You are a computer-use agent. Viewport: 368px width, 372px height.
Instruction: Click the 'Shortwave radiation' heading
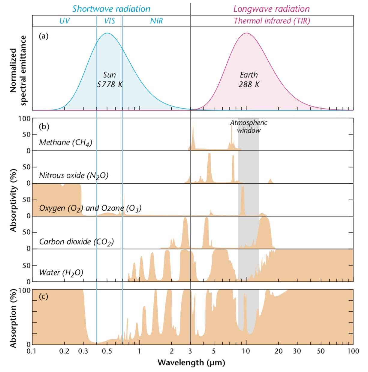click(111, 9)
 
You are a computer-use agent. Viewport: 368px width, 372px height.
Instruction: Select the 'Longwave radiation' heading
click(271, 9)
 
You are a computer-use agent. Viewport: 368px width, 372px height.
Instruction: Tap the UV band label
click(65, 21)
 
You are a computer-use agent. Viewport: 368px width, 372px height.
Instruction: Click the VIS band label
click(110, 21)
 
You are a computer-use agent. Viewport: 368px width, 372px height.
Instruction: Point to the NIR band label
click(156, 21)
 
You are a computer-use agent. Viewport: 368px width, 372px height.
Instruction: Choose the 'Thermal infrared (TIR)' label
click(272, 21)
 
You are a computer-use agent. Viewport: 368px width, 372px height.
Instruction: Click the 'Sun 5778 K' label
click(110, 80)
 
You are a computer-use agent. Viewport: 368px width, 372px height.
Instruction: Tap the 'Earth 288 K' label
click(249, 80)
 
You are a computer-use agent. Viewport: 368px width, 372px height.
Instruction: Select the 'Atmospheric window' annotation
click(249, 126)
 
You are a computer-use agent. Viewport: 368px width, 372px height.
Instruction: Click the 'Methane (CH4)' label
click(65, 142)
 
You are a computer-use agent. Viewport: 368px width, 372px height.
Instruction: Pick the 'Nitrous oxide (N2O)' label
click(74, 175)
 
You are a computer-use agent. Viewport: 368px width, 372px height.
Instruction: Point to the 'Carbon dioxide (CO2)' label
click(76, 242)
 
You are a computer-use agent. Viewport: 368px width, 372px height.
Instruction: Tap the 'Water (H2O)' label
click(61, 273)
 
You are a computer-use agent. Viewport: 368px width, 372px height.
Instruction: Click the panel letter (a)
click(44, 36)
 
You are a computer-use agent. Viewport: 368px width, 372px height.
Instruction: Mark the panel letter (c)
click(44, 296)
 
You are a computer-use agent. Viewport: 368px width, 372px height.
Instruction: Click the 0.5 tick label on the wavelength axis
click(107, 351)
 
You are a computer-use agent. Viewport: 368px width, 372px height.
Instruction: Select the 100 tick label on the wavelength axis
click(353, 351)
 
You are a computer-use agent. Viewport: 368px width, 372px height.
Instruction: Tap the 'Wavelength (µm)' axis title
click(191, 362)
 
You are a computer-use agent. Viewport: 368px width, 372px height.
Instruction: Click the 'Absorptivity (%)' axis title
click(13, 200)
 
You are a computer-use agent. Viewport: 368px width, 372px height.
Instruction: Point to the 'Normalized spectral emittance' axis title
click(18, 70)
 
